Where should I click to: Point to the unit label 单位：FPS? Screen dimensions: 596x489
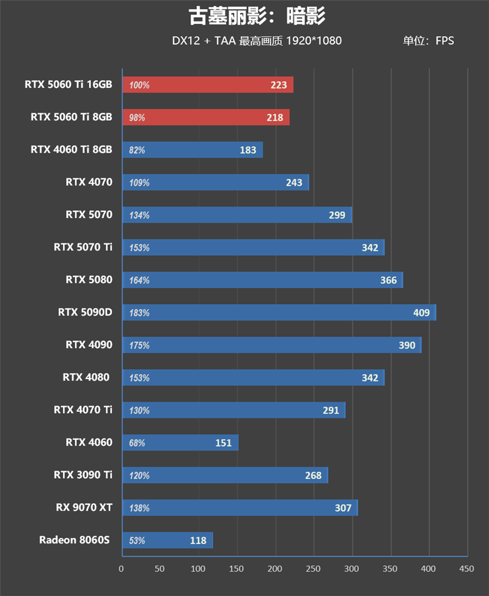tap(428, 41)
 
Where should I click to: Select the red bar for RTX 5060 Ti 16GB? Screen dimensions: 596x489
tap(208, 85)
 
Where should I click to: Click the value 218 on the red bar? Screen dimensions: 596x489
tap(274, 117)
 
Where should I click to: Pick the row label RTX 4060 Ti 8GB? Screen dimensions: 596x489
tap(72, 150)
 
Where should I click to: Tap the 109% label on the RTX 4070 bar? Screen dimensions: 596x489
tap(139, 183)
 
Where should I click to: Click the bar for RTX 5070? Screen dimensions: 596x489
tap(237, 215)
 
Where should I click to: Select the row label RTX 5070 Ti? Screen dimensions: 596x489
tap(83, 247)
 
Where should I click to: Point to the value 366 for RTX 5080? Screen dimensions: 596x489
tap(388, 280)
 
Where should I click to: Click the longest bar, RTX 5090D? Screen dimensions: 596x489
tap(279, 313)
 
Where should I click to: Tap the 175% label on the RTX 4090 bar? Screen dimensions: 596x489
tap(139, 345)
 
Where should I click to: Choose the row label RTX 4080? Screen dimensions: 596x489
tap(86, 377)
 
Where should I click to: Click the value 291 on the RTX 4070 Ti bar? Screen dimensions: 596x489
tap(331, 410)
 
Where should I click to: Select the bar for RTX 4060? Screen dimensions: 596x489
tap(180, 443)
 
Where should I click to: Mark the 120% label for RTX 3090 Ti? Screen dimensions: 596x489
tap(139, 475)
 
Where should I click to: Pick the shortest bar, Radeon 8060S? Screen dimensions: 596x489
tap(167, 540)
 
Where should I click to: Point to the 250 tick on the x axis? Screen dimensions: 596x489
tap(314, 569)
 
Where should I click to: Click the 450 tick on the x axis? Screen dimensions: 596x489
tap(466, 569)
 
